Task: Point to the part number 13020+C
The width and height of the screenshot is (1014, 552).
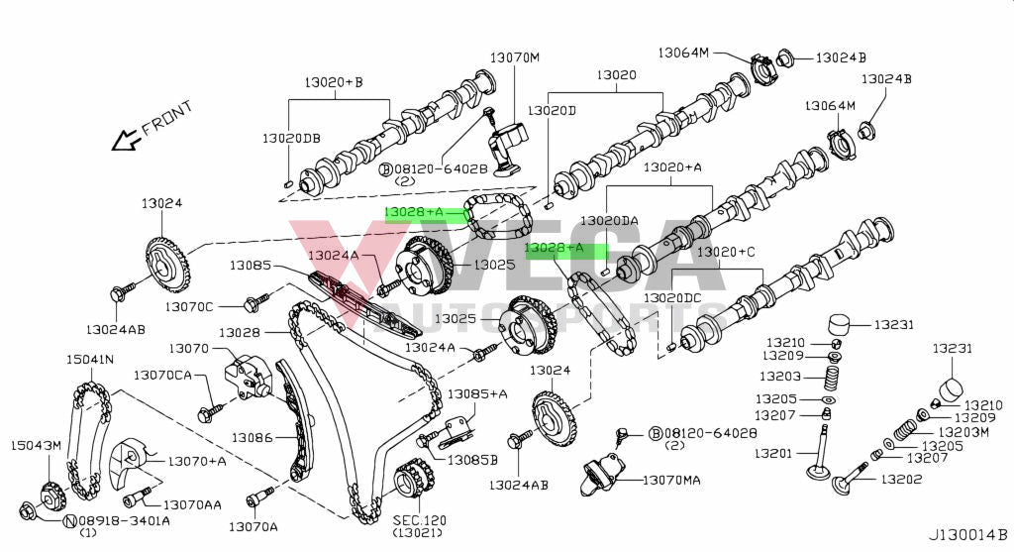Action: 727,253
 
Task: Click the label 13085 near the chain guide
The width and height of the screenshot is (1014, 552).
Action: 251,266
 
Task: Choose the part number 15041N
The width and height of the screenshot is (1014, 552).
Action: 89,359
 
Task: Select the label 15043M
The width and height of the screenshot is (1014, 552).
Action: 36,445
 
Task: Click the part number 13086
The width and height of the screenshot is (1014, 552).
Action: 253,437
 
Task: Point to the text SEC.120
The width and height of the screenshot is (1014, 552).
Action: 420,519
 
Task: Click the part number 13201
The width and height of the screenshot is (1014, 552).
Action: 775,454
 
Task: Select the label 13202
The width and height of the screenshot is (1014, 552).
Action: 903,481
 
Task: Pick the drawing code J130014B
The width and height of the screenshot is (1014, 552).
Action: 967,535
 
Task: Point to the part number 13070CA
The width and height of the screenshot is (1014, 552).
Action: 163,375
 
